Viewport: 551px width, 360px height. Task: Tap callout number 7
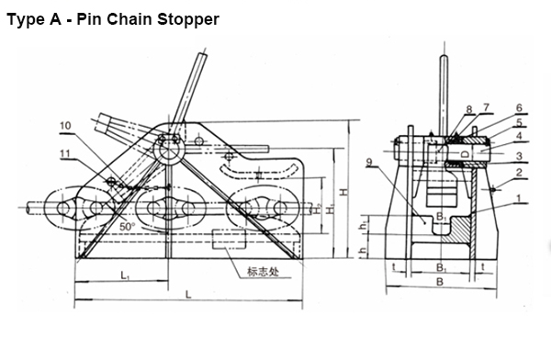(487, 108)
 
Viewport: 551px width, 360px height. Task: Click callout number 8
(468, 109)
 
